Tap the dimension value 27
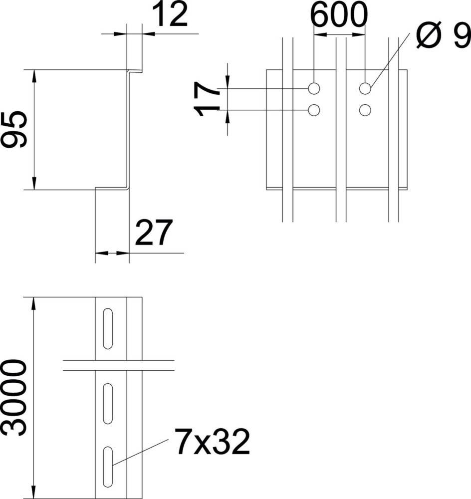pyautogui.click(x=153, y=232)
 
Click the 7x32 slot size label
pyautogui.click(x=212, y=442)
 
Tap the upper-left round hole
pyautogui.click(x=314, y=88)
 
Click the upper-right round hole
pyautogui.click(x=365, y=88)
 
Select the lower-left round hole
pyautogui.click(x=314, y=110)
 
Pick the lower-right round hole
pyautogui.click(x=365, y=110)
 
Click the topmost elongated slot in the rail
pyautogui.click(x=107, y=328)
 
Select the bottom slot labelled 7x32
pyautogui.click(x=107, y=467)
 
